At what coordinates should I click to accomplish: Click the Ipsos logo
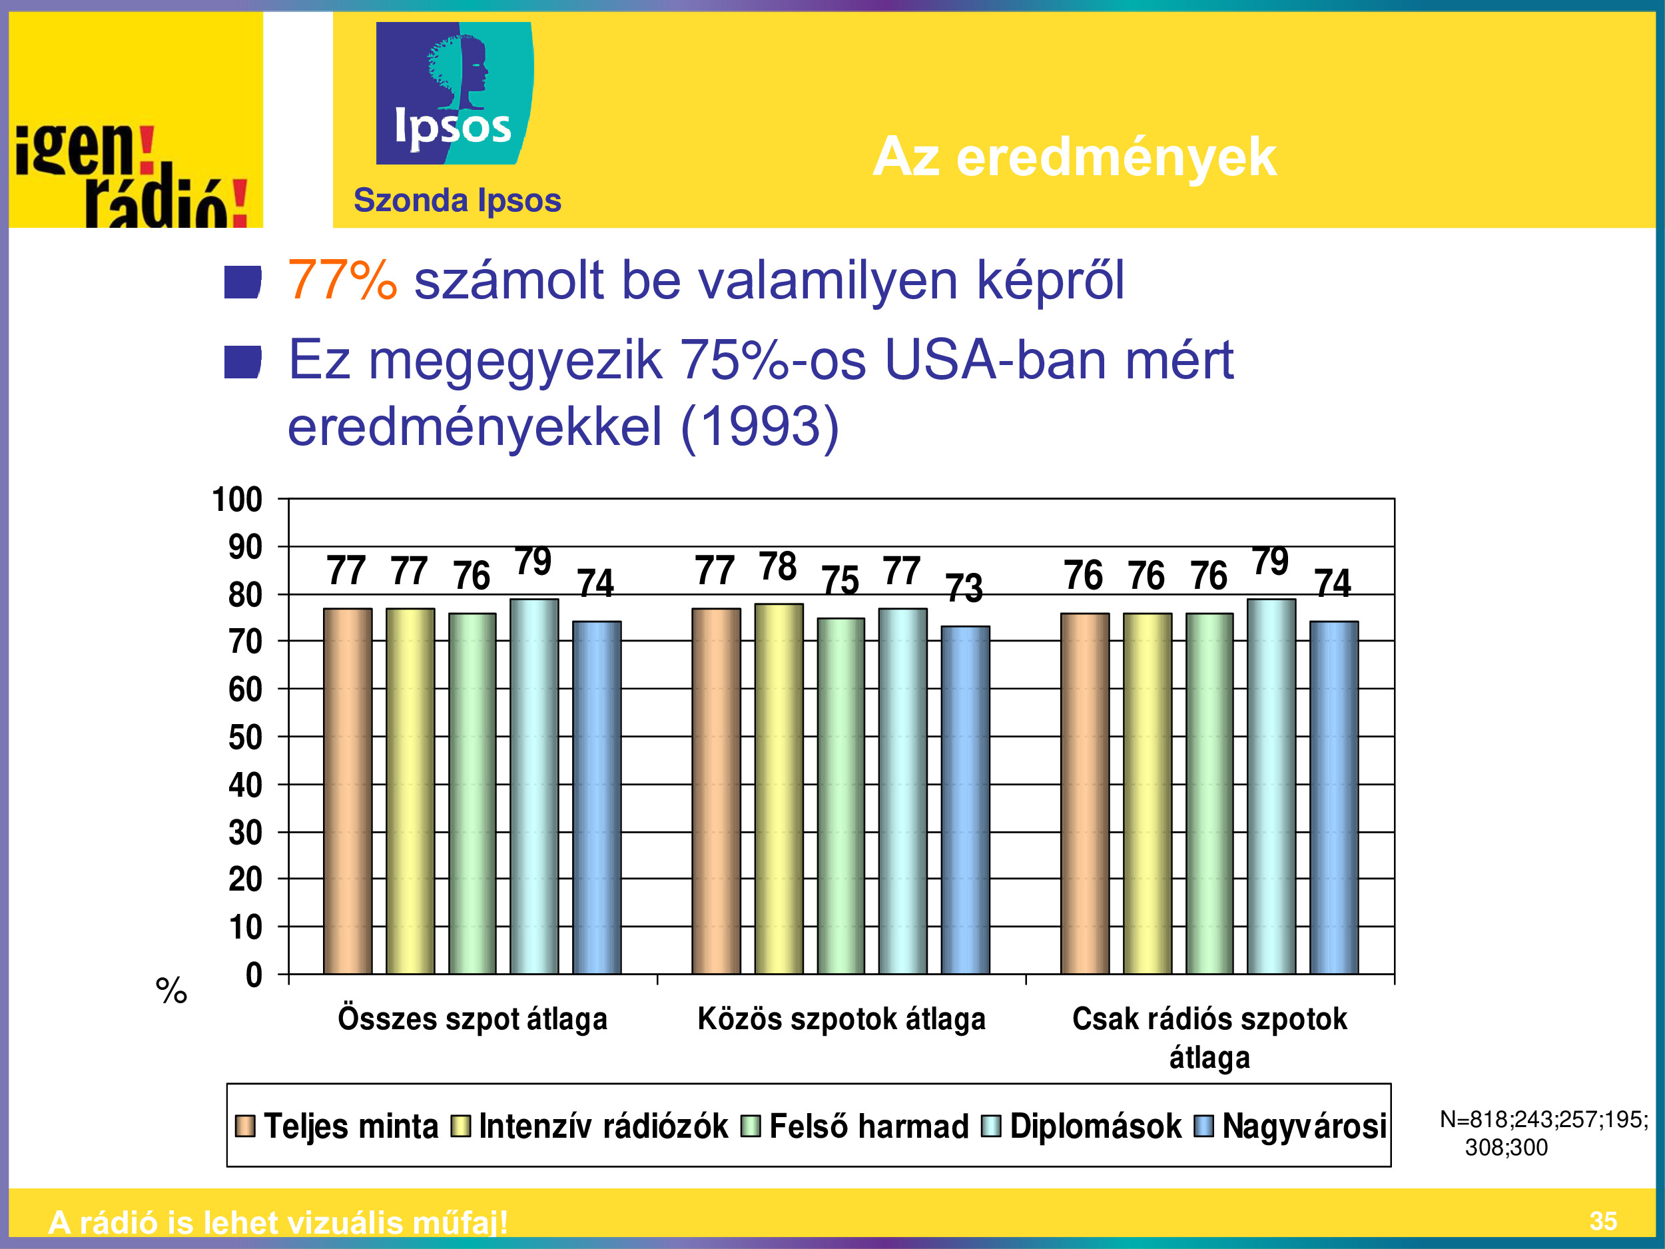455,93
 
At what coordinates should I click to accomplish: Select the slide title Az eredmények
1074,157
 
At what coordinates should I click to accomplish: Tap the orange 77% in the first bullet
342,279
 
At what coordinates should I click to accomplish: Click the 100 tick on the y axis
237,500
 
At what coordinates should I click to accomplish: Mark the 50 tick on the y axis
245,737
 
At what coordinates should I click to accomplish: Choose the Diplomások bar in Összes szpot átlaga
534,787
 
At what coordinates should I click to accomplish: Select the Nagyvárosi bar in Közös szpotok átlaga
965,800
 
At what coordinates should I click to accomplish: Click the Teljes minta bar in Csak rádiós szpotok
1085,793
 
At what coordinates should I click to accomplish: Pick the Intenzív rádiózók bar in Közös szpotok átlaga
779,789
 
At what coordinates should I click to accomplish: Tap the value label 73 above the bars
964,588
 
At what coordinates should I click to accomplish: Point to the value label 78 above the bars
777,566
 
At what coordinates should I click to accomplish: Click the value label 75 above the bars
840,580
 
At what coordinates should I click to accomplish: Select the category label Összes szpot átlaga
472,1019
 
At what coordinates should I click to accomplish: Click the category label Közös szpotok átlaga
842,1019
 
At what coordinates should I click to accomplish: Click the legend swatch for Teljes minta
244,1126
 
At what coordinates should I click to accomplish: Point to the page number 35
1602,1221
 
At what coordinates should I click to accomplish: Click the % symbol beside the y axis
172,991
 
